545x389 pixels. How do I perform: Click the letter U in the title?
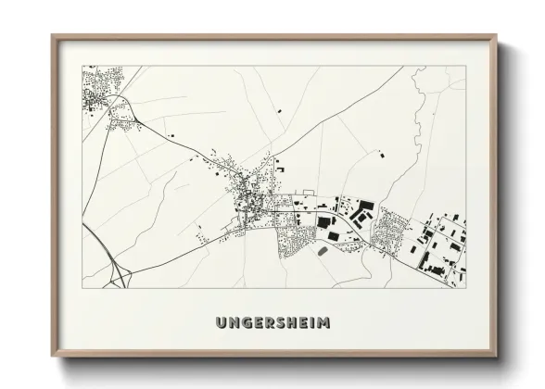tap(222, 323)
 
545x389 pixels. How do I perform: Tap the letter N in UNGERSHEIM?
tap(235, 323)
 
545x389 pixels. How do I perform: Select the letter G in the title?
tap(248, 323)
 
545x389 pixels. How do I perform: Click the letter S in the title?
tap(287, 323)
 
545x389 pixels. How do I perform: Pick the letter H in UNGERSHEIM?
tap(300, 323)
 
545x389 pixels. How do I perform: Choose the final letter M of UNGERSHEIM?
tap(334, 323)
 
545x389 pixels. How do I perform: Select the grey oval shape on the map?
tap(322, 249)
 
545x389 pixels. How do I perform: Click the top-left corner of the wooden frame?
tap(52, 36)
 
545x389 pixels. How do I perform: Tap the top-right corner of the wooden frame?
tap(498, 36)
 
